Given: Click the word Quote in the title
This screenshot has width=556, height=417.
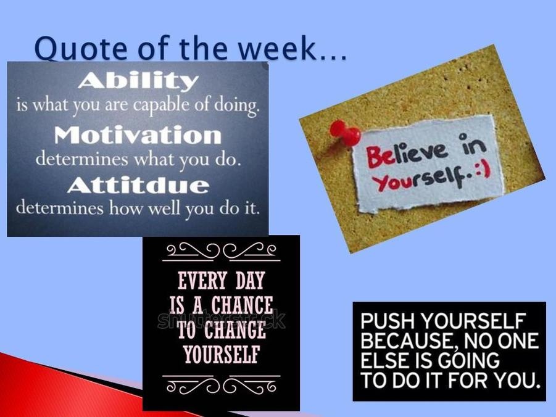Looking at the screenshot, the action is click(80, 48).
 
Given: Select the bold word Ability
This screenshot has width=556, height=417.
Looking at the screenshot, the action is click(138, 81).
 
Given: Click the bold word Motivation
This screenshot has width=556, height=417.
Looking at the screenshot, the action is click(138, 134).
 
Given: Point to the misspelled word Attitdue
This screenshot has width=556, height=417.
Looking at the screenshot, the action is click(138, 184).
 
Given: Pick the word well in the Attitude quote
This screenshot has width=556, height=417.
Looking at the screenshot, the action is click(165, 208).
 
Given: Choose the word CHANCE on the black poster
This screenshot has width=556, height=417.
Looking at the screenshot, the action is click(242, 305).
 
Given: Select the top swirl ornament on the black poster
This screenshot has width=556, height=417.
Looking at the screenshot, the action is click(222, 251).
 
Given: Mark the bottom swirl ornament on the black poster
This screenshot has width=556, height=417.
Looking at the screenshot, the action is click(222, 384).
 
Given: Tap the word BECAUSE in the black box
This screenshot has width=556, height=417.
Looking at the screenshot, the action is click(407, 341).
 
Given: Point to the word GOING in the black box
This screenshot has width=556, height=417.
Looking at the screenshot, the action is click(468, 360).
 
